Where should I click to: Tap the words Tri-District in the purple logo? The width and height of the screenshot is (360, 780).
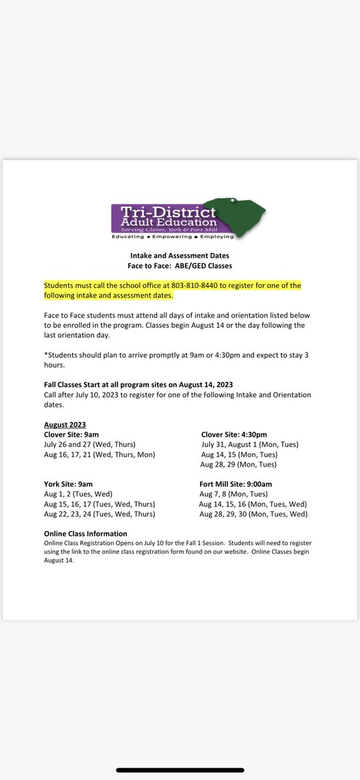coord(165,212)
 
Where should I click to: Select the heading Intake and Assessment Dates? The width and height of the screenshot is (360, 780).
coord(179,256)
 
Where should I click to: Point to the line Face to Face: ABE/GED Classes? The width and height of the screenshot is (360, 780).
coord(179,266)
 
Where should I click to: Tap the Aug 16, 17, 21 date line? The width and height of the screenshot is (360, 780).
coord(99,454)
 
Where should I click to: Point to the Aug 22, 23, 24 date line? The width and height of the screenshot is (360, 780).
coord(99,514)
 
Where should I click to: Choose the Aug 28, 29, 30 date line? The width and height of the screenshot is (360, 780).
coord(253,514)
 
